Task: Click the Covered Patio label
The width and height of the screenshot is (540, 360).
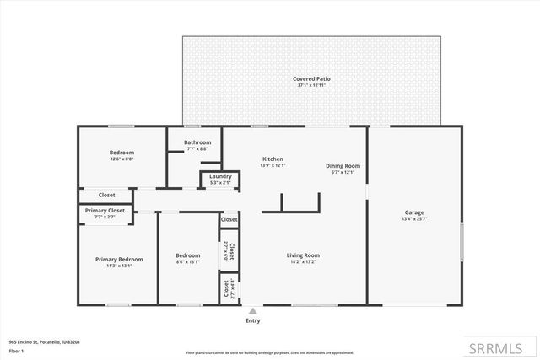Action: click(x=312, y=78)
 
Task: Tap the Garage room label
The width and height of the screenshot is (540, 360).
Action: click(x=413, y=212)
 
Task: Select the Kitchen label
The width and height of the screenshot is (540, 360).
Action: click(x=273, y=159)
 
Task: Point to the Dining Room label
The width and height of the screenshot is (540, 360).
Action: click(x=343, y=166)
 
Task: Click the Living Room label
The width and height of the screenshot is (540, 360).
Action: click(x=304, y=255)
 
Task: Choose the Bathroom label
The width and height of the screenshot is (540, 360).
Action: click(x=197, y=142)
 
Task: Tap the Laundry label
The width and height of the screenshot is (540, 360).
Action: click(x=221, y=176)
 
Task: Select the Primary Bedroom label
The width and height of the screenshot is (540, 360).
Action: click(x=119, y=259)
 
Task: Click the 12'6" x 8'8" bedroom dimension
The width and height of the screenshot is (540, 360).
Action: click(x=121, y=159)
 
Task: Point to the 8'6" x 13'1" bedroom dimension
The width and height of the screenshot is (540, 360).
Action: click(x=187, y=261)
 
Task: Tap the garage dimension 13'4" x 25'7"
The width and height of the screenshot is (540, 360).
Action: click(x=413, y=219)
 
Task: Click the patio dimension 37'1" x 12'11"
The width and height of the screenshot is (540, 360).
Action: click(x=312, y=85)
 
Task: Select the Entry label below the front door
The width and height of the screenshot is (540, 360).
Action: click(x=252, y=321)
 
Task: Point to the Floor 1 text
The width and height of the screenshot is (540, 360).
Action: click(x=17, y=349)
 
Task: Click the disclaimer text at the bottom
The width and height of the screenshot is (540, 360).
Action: click(x=269, y=352)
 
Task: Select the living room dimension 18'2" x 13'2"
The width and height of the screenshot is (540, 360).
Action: click(x=304, y=262)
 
